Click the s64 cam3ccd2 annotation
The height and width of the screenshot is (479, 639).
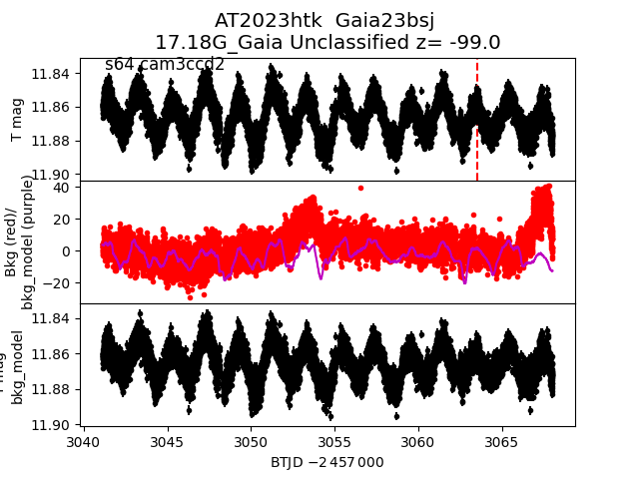click(165, 65)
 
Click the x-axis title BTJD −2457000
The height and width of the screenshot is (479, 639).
click(326, 462)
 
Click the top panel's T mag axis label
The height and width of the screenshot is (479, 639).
click(17, 120)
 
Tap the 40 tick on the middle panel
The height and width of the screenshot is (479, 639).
click(60, 188)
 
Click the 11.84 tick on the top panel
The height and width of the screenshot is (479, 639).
click(50, 74)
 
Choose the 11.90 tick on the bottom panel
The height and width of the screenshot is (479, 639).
click(50, 424)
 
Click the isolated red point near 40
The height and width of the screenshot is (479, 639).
click(360, 188)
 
